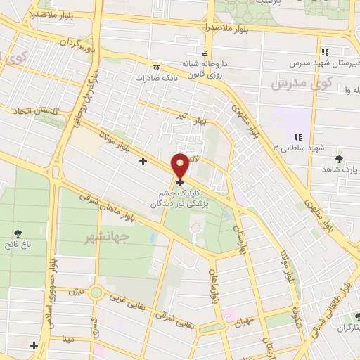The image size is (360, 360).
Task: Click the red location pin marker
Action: coord(180,167)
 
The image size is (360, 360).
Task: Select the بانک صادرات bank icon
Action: coord(155,68)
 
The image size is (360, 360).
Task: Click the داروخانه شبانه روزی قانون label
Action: coord(205,67)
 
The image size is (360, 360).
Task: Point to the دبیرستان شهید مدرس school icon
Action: coord(325,52)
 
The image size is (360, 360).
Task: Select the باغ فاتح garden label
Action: coord(17,245)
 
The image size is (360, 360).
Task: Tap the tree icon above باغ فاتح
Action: coord(17,233)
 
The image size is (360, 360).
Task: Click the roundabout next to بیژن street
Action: coord(96,292)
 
